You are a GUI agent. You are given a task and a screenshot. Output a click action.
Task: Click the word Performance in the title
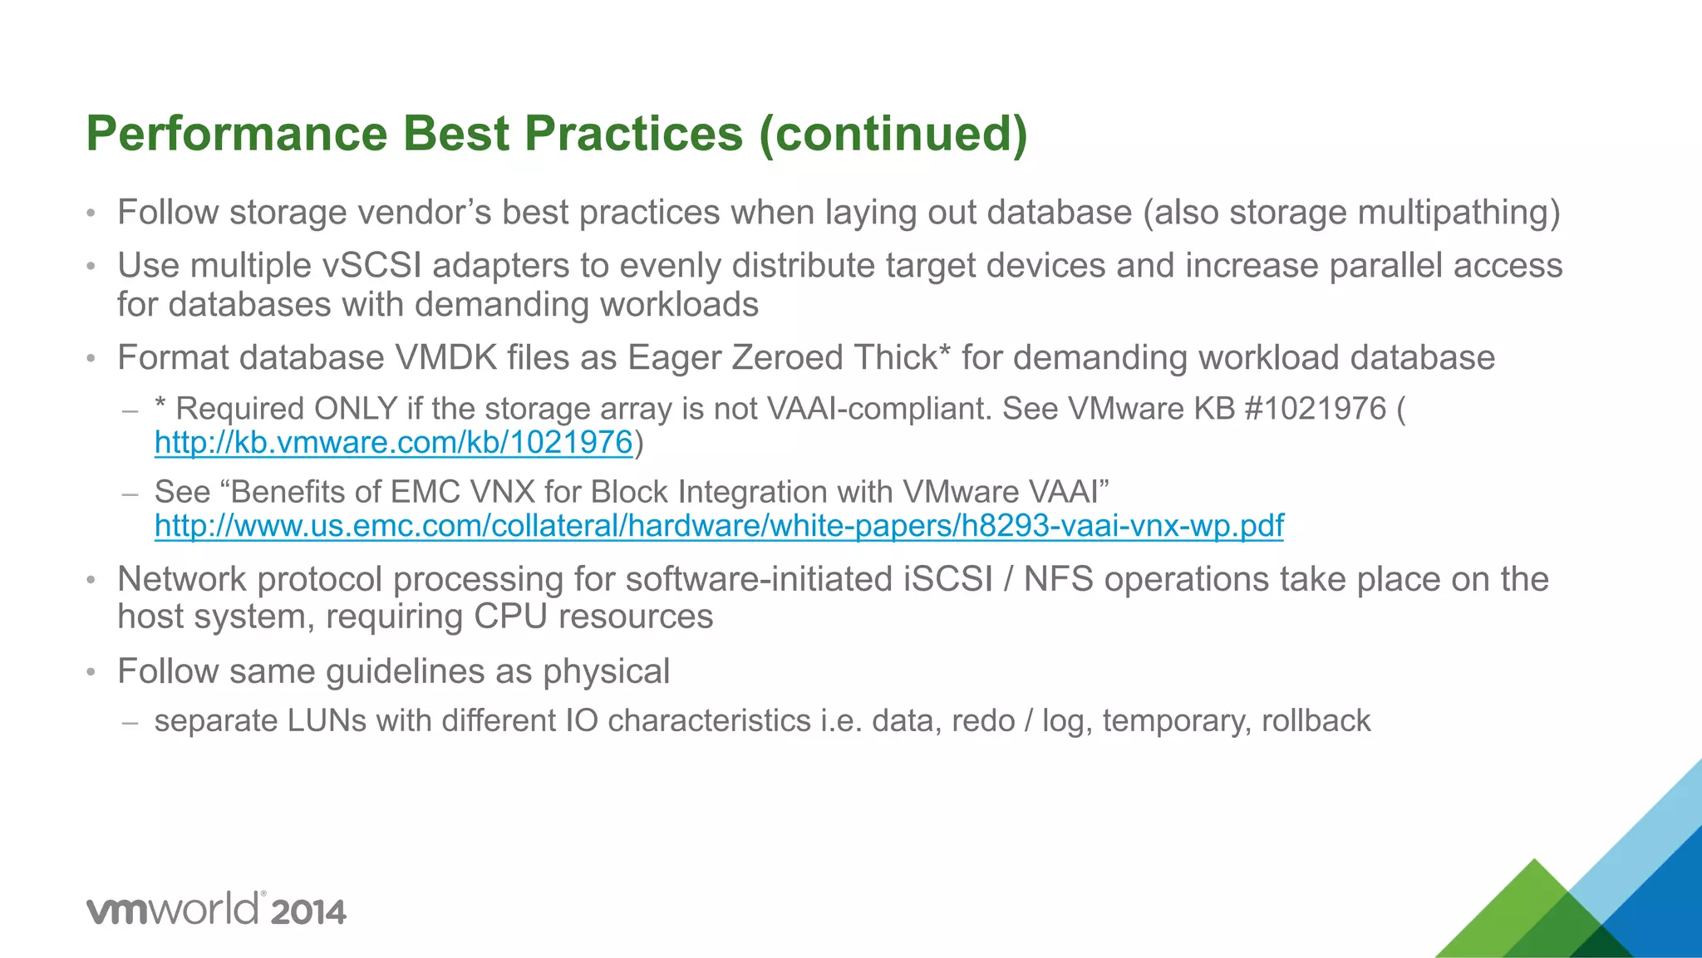point(237,135)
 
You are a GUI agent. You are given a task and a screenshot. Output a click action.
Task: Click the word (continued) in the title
point(893,135)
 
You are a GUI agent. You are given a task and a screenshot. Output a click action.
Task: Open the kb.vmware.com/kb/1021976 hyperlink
point(394,443)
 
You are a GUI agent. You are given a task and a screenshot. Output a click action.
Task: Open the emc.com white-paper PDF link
point(719,526)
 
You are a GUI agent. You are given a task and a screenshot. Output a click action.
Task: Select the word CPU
point(509,617)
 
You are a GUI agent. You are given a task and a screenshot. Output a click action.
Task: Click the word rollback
point(1316,721)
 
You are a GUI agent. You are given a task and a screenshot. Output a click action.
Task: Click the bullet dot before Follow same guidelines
point(91,672)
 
